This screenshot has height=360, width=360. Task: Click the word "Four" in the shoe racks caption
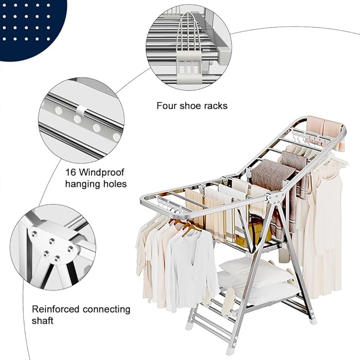[166, 106]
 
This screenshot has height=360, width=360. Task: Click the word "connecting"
[108, 309]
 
